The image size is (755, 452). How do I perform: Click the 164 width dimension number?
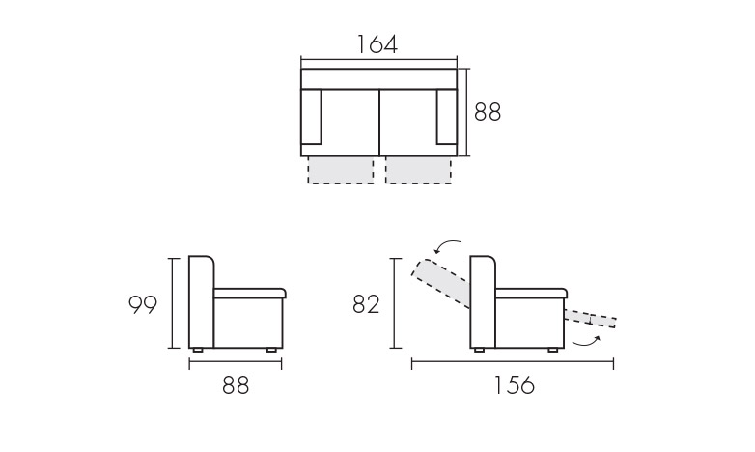click(x=377, y=44)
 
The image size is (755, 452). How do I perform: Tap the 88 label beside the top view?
click(x=488, y=112)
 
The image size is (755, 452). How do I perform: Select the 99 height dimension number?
click(x=143, y=304)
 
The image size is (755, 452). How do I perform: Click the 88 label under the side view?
click(x=236, y=385)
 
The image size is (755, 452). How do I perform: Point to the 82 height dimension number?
click(x=366, y=304)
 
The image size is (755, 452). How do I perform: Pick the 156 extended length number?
click(x=515, y=385)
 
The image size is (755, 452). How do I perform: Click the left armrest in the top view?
click(x=311, y=117)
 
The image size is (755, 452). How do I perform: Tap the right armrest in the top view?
click(x=446, y=117)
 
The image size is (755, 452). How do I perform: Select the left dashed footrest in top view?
click(x=341, y=170)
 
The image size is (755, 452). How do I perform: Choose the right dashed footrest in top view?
click(x=418, y=170)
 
